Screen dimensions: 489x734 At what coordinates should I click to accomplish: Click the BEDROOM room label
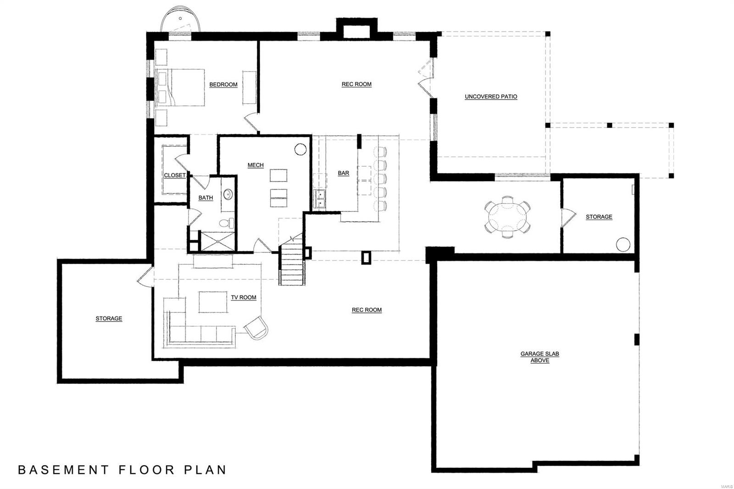click(223, 84)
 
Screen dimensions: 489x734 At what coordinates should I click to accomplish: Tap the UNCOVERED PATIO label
click(491, 97)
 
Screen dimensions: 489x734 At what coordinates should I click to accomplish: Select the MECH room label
click(256, 165)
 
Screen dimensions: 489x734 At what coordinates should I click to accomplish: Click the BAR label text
click(343, 173)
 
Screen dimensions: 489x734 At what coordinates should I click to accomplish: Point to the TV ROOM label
click(243, 297)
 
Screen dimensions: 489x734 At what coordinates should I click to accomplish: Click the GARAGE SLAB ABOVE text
click(539, 357)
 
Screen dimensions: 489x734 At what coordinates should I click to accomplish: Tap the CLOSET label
click(174, 175)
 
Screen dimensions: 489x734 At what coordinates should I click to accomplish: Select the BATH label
click(206, 198)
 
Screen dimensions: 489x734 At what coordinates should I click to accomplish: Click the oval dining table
click(507, 217)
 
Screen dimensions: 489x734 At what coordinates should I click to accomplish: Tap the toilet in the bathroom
click(226, 223)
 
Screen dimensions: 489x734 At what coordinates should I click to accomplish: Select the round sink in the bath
click(228, 194)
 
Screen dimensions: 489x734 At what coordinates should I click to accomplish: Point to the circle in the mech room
click(300, 149)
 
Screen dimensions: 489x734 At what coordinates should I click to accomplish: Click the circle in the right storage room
click(623, 244)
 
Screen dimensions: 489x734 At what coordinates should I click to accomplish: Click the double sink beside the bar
click(319, 199)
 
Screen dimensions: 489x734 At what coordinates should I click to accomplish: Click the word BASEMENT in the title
click(64, 470)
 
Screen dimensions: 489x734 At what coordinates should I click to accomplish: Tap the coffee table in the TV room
click(213, 302)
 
